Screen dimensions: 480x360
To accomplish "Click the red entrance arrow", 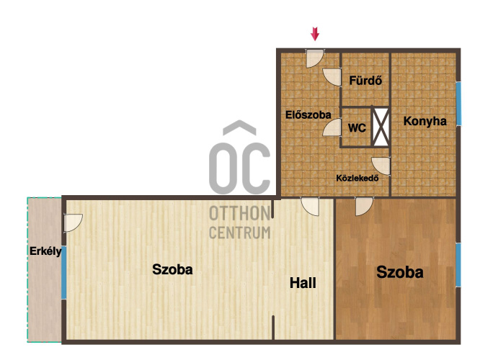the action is pyautogui.click(x=315, y=34).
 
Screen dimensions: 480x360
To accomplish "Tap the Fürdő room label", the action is pyautogui.click(x=365, y=81).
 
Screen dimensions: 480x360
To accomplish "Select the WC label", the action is pyautogui.click(x=357, y=128).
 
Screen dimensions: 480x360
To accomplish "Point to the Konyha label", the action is pyautogui.click(x=425, y=121).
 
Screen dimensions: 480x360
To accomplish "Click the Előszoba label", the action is pyautogui.click(x=308, y=115).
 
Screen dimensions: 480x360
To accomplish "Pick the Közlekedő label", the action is pyautogui.click(x=357, y=178).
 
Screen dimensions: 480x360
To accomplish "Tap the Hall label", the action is pyautogui.click(x=303, y=283).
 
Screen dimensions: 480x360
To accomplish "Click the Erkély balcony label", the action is pyautogui.click(x=45, y=252).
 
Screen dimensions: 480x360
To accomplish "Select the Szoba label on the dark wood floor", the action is pyautogui.click(x=400, y=272).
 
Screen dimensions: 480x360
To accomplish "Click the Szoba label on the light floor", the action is pyautogui.click(x=172, y=269).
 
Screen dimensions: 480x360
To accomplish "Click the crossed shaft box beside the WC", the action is pyautogui.click(x=381, y=127).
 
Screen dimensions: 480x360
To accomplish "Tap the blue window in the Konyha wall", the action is pyautogui.click(x=458, y=104).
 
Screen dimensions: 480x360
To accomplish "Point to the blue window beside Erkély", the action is pyautogui.click(x=63, y=272).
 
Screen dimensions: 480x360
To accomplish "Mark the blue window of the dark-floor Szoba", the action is pyautogui.click(x=458, y=265).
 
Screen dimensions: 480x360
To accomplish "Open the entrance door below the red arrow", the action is pyautogui.click(x=315, y=58).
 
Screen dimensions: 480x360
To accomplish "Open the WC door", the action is pyautogui.click(x=332, y=127).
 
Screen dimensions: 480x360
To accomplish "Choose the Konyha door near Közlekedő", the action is pyautogui.click(x=381, y=166).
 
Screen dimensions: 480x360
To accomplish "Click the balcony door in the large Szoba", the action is pyautogui.click(x=73, y=222).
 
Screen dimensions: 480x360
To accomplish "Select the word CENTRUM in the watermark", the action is pyautogui.click(x=240, y=233).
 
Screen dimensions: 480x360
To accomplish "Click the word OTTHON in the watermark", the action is pyautogui.click(x=240, y=213).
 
